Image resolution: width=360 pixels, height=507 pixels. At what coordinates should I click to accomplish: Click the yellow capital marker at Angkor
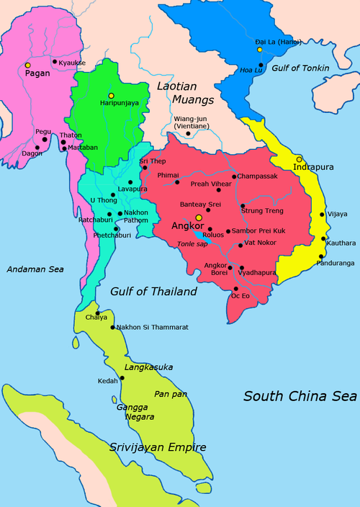click(199, 217)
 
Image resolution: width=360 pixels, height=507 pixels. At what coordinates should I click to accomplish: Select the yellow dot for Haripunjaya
click(111, 96)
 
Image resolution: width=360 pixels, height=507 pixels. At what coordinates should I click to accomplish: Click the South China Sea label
click(300, 396)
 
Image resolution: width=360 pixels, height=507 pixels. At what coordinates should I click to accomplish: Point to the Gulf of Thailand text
click(153, 292)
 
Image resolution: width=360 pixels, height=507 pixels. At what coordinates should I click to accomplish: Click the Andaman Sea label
click(35, 269)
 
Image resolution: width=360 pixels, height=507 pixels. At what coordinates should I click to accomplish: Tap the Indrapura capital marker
click(300, 158)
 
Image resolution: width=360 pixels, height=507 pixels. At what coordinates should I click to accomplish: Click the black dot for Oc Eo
click(235, 288)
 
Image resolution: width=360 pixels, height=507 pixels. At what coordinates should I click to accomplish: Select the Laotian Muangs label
click(186, 93)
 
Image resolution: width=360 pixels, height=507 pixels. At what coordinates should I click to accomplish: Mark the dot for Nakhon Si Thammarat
click(113, 328)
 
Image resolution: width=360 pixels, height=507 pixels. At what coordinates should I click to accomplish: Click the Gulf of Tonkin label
click(301, 68)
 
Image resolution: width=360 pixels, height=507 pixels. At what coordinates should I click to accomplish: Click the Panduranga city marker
click(320, 256)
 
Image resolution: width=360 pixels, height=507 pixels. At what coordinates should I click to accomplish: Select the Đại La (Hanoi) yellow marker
click(260, 50)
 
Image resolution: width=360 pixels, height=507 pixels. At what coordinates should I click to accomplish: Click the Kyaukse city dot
click(55, 61)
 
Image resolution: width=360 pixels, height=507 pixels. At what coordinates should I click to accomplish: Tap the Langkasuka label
click(149, 367)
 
